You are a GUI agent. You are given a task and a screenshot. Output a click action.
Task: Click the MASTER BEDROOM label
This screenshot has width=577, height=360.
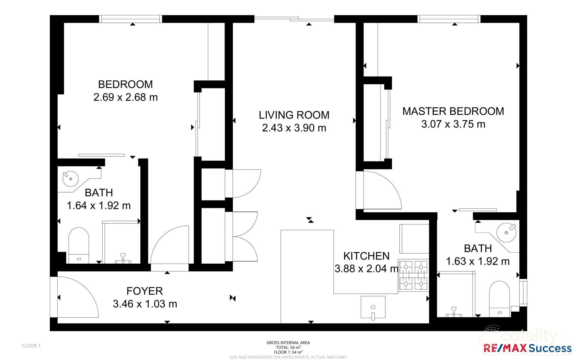pos(453,111)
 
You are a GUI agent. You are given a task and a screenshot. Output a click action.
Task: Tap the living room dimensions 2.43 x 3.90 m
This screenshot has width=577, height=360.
pos(294,128)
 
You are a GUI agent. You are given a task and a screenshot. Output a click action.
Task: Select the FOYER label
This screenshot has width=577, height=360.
pos(145,291)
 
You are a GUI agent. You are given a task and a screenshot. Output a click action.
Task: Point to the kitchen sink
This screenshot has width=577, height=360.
pos(373,307)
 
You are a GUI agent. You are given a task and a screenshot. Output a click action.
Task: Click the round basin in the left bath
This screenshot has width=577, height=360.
pos(70,179)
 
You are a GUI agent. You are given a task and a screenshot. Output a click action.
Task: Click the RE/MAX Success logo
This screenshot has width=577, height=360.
pos(527,348)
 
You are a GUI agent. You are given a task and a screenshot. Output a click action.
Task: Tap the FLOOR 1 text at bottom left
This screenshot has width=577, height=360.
pos(31,346)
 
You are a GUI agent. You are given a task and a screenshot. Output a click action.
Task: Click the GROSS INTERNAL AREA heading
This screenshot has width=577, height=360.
pos(288,343)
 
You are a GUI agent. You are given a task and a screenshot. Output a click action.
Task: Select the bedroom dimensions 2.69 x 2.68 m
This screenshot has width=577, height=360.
pos(125,97)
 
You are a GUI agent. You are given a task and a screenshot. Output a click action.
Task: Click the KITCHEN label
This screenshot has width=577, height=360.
pos(366,256)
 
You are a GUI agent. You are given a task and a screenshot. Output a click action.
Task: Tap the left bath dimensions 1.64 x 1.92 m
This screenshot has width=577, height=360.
pos(98,205)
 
